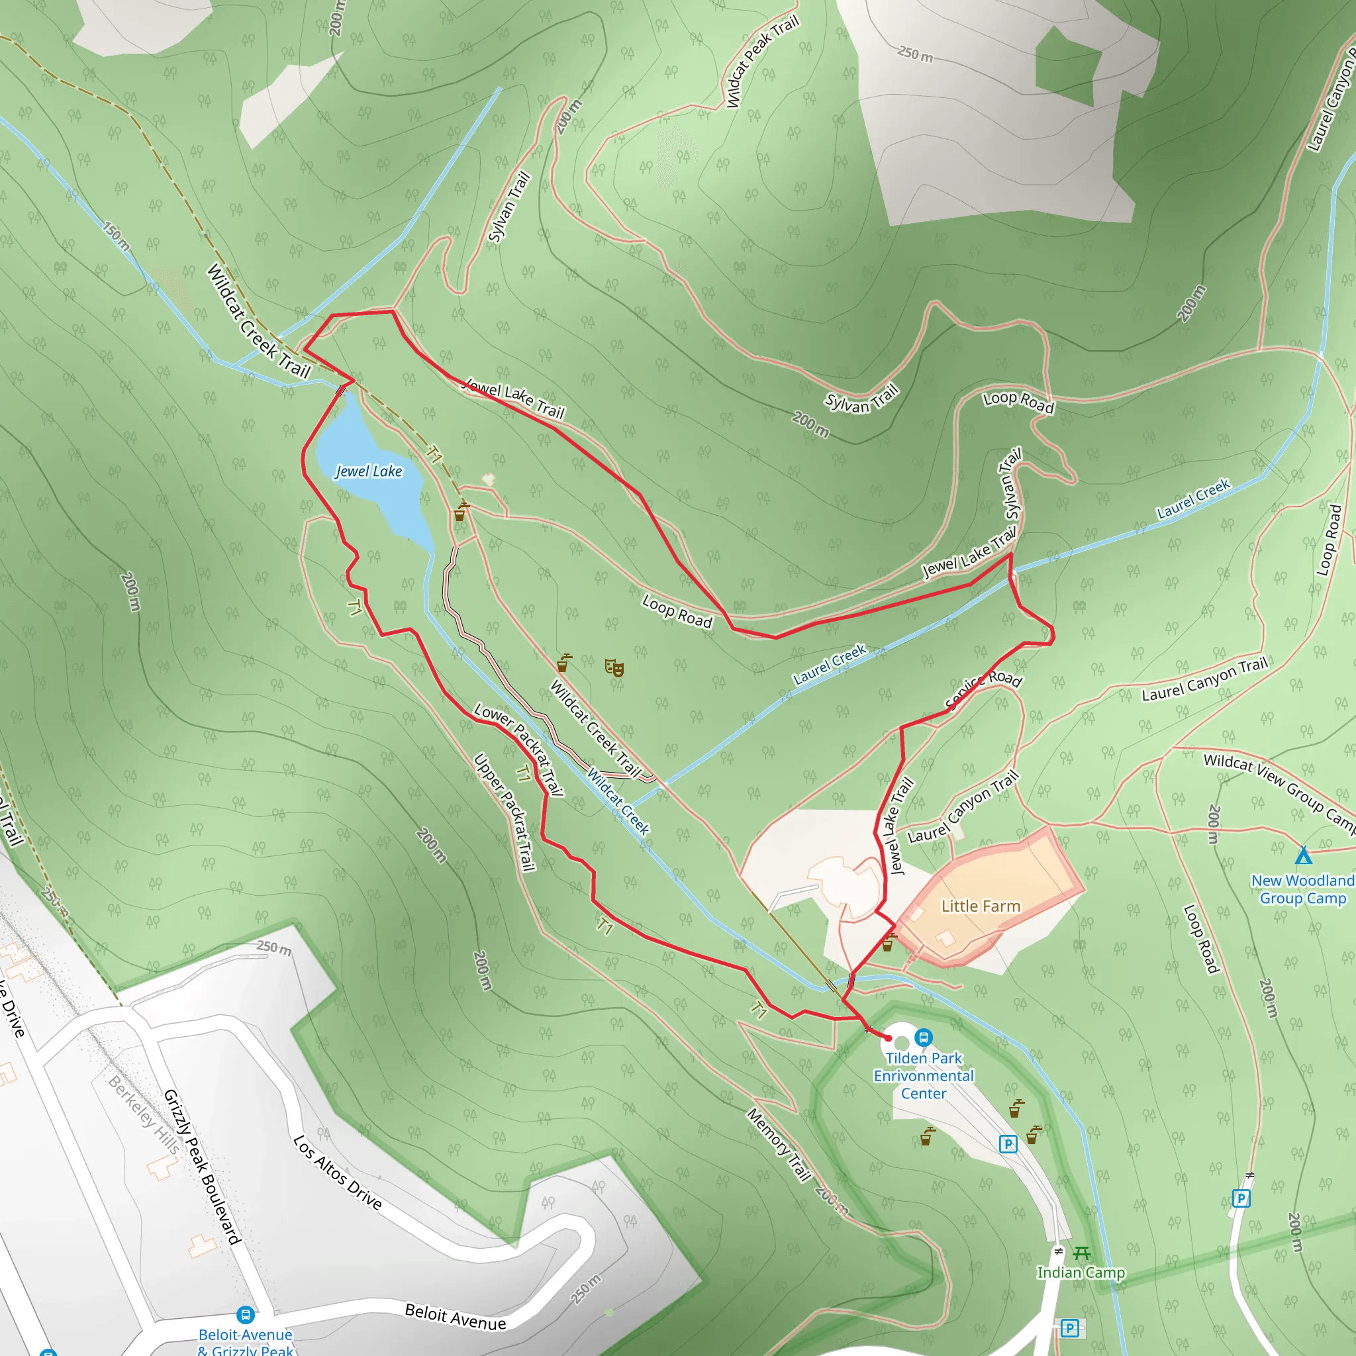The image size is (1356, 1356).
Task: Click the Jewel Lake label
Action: [369, 471]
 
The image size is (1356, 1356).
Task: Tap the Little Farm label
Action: [981, 906]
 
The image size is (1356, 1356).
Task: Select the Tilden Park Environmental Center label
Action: [924, 1076]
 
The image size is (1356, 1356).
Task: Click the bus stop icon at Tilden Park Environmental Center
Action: [924, 1037]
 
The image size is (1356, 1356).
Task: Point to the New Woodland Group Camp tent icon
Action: [1303, 855]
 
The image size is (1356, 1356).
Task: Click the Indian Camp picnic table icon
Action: [1082, 1253]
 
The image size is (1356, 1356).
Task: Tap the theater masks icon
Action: [614, 667]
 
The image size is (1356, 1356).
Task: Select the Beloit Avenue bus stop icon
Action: [245, 1314]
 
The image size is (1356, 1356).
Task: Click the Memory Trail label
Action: [779, 1145]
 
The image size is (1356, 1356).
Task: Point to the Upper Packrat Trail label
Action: [505, 812]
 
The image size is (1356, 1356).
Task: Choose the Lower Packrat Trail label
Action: [518, 750]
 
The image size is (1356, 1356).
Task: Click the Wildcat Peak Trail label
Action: [762, 62]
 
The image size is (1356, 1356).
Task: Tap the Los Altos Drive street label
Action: [338, 1173]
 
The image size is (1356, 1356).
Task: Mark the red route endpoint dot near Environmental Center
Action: [888, 1038]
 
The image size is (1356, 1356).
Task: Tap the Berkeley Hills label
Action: [144, 1113]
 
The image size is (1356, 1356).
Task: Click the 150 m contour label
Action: [116, 236]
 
